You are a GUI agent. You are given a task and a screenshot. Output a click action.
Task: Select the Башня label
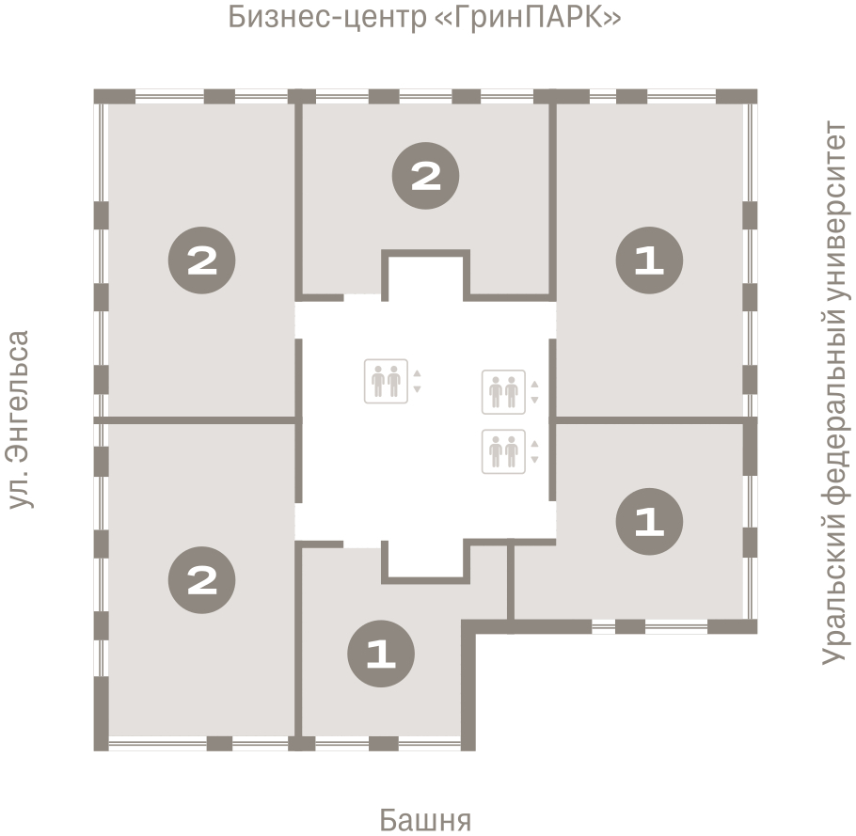[x=425, y=819]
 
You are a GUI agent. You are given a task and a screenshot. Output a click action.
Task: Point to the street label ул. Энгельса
[x=19, y=419]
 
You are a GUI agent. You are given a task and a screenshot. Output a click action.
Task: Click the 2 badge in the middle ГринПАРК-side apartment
[x=426, y=176]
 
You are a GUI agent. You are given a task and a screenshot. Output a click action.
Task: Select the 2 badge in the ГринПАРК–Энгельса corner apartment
[x=201, y=260]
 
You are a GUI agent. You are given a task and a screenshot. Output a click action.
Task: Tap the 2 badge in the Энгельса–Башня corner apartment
[x=201, y=579]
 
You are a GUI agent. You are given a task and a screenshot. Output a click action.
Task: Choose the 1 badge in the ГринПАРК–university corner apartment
[x=648, y=260]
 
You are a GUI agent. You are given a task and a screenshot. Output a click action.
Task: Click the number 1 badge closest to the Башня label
[x=381, y=655]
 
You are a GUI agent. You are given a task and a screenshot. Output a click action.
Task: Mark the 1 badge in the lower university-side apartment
[x=648, y=521]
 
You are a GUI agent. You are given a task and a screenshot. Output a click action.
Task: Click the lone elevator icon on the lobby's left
[x=386, y=381]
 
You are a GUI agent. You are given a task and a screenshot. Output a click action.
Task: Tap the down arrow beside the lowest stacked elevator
[x=534, y=460]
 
